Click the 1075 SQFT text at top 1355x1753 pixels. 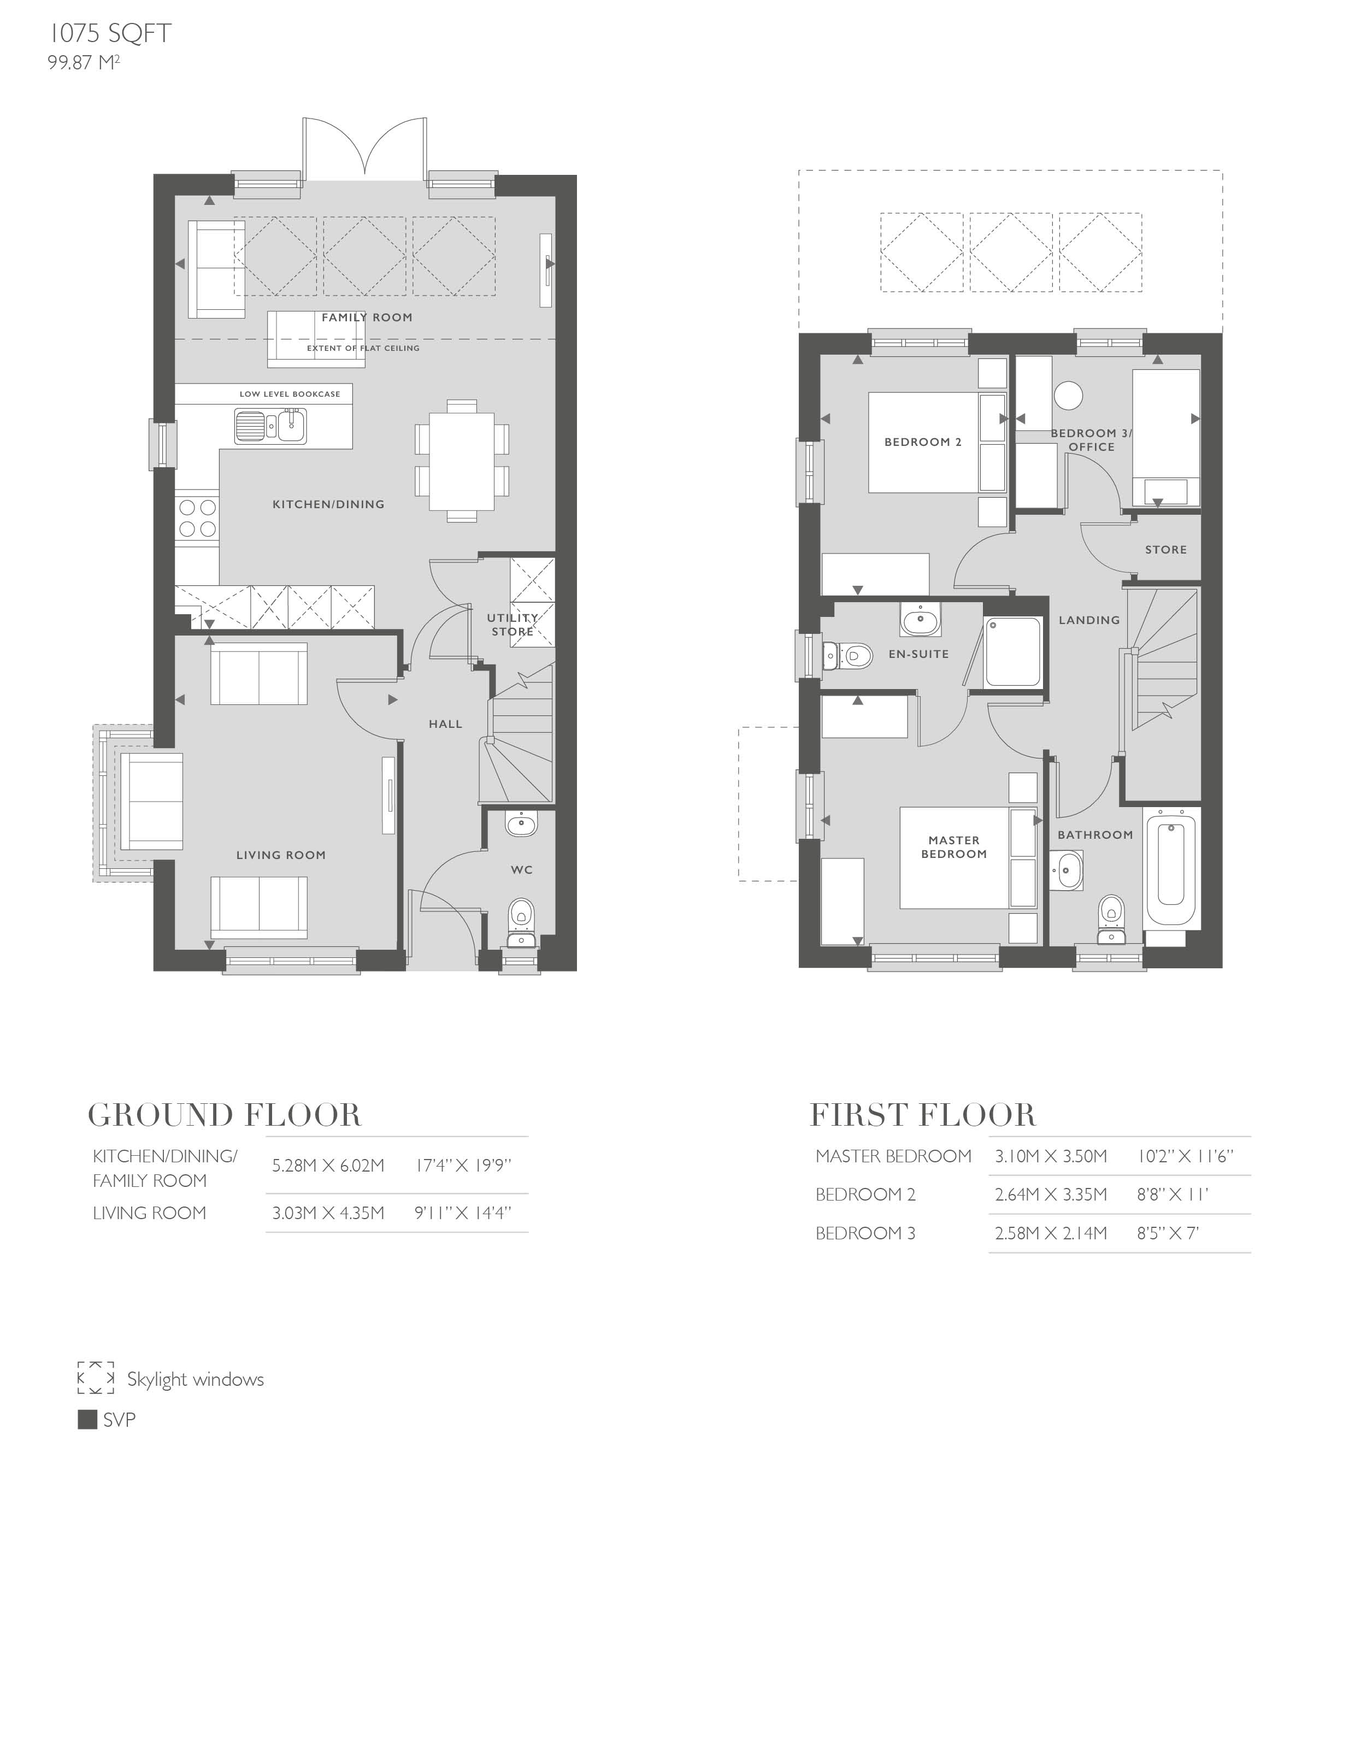click(x=110, y=34)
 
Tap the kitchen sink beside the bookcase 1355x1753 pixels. click(x=270, y=426)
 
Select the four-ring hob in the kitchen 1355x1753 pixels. click(x=197, y=517)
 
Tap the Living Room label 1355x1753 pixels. click(x=281, y=855)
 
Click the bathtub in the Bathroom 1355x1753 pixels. click(x=1173, y=868)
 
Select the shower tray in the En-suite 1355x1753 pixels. click(x=1012, y=651)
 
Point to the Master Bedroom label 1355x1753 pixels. click(x=953, y=847)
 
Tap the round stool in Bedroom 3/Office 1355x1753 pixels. click(x=1068, y=395)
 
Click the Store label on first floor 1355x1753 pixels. click(x=1165, y=550)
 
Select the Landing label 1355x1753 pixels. click(x=1088, y=620)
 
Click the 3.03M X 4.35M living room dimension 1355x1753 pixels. click(x=327, y=1213)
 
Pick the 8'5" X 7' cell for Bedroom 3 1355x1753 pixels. click(x=1167, y=1233)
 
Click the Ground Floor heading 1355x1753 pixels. click(x=225, y=1115)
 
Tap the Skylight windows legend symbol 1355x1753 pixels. click(x=96, y=1378)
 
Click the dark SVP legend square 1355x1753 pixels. click(x=87, y=1419)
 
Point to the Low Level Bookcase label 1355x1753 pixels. click(x=290, y=394)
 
